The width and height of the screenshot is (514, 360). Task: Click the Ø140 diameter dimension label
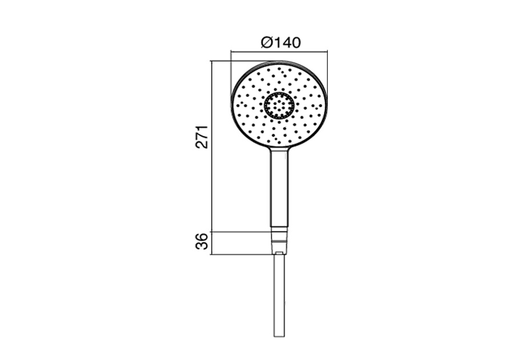pyautogui.click(x=280, y=43)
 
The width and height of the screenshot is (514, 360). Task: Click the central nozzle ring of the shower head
pyautogui.click(x=280, y=105)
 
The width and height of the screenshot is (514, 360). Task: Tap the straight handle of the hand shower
pyautogui.click(x=280, y=187)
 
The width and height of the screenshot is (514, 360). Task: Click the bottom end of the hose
pyautogui.click(x=280, y=337)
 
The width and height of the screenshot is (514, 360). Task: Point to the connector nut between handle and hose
pyautogui.click(x=280, y=239)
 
